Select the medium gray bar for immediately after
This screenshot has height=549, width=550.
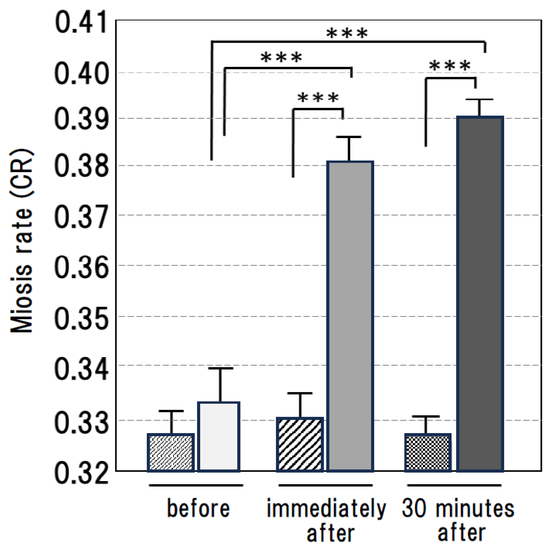point(350,316)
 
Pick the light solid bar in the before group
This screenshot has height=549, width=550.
point(219,437)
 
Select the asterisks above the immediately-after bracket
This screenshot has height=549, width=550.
point(318,98)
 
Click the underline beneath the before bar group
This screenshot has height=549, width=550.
point(196,485)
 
